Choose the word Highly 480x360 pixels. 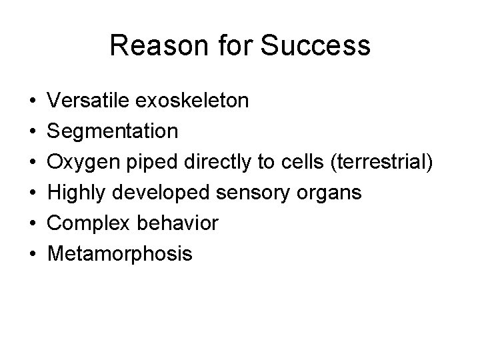click(x=79, y=193)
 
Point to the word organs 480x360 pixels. click(x=331, y=193)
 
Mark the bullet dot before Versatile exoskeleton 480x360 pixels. click(x=33, y=101)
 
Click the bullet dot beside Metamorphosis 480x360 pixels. click(x=33, y=254)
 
